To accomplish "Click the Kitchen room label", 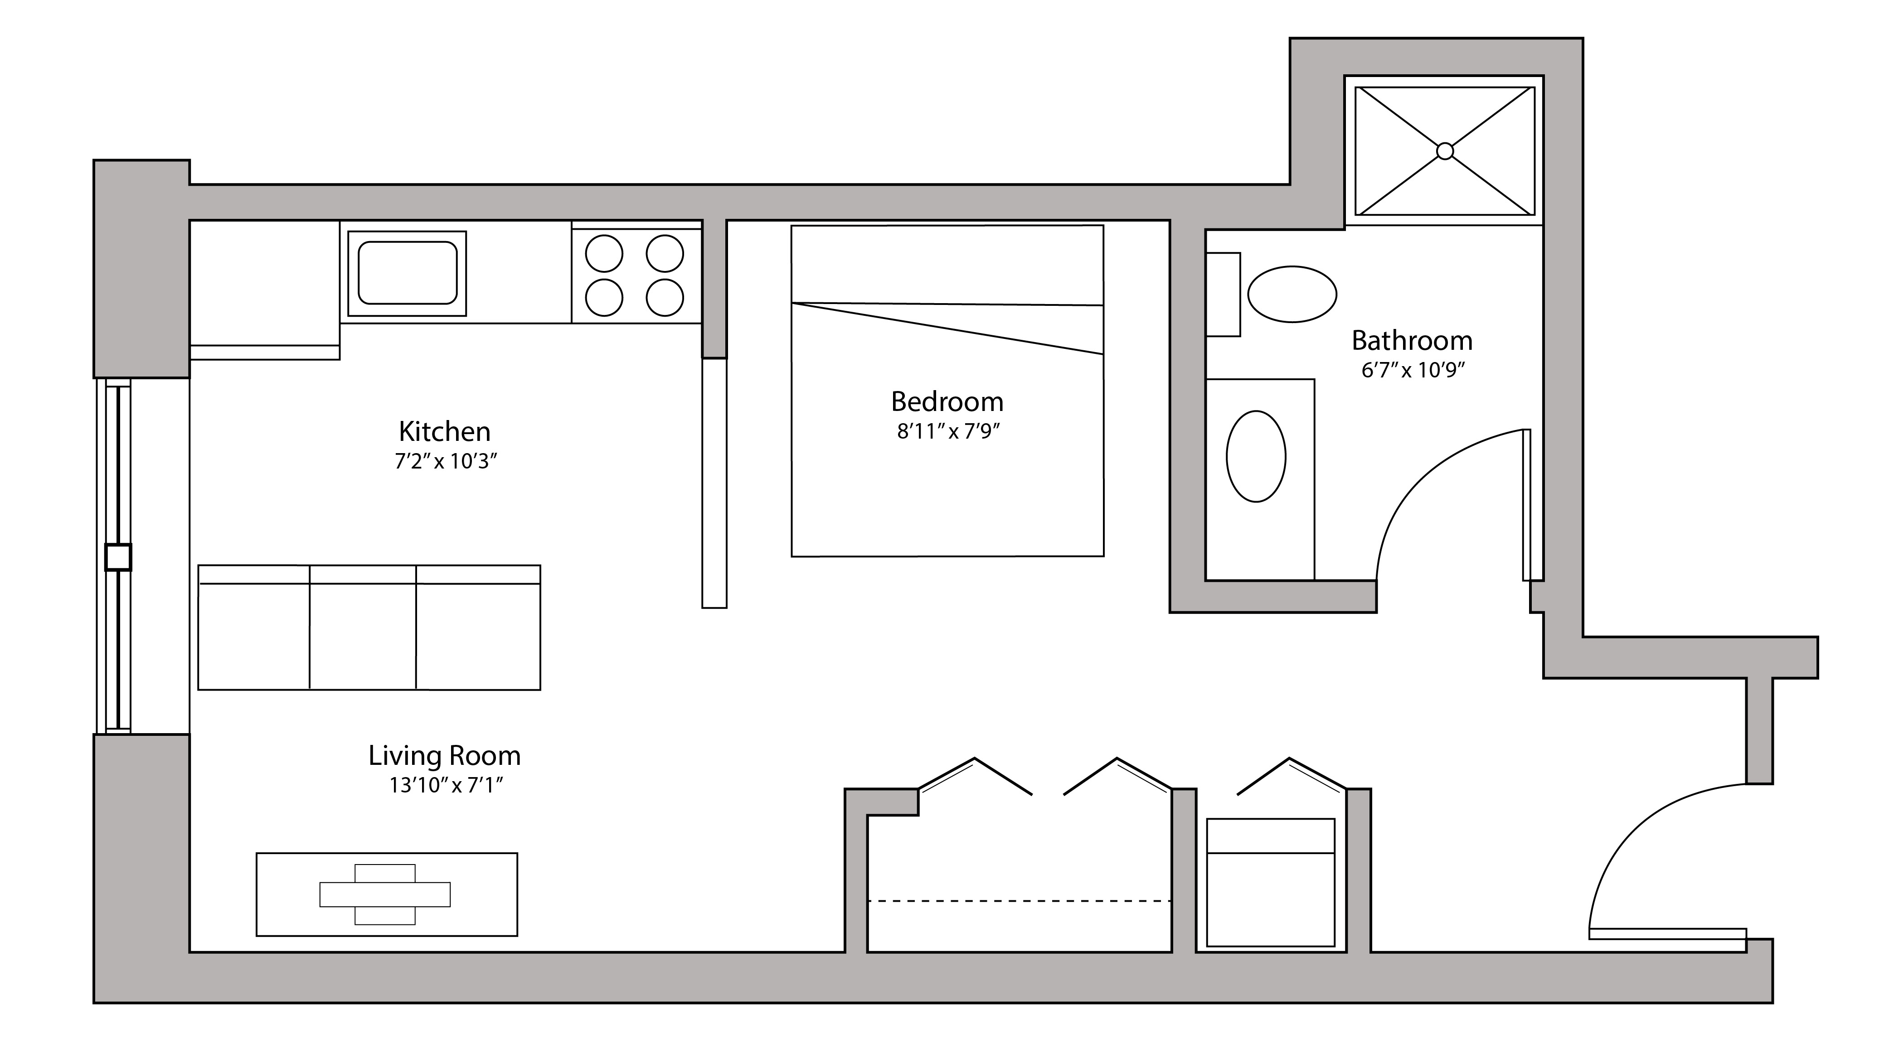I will (x=444, y=432).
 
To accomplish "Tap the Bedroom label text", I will (x=947, y=402).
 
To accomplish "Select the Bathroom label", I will (x=1412, y=341).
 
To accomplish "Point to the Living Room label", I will (x=444, y=756).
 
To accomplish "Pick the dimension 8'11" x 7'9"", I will (x=948, y=432).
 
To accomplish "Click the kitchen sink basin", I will (x=407, y=273).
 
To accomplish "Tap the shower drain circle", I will (x=1445, y=151).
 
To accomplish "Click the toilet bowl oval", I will (x=1292, y=294).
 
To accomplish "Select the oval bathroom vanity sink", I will (x=1256, y=456).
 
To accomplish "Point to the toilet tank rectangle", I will (x=1223, y=295).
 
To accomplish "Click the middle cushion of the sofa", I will (x=363, y=635).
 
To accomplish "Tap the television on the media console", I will (x=385, y=894).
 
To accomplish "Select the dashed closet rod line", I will (x=1019, y=900).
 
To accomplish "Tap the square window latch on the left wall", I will (x=118, y=557).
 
